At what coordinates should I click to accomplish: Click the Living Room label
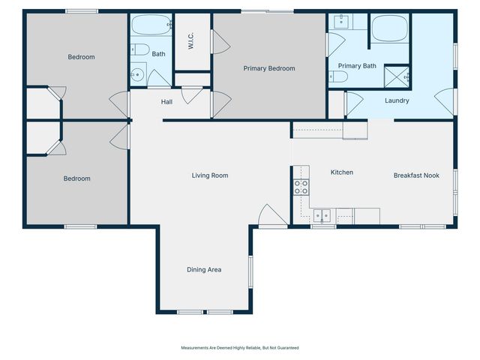(209, 175)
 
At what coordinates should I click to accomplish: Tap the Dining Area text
(204, 269)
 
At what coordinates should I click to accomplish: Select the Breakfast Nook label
(416, 175)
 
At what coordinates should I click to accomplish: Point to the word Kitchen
(342, 172)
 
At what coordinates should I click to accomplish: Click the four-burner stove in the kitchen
(301, 187)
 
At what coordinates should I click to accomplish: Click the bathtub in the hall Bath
(150, 26)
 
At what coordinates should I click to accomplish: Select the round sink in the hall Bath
(137, 74)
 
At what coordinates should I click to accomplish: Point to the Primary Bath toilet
(338, 76)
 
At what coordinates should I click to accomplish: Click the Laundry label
(397, 100)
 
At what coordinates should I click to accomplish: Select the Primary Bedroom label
(269, 68)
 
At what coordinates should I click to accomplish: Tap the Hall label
(167, 102)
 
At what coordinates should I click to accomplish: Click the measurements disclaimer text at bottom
(240, 347)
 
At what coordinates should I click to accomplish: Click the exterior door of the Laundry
(447, 101)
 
